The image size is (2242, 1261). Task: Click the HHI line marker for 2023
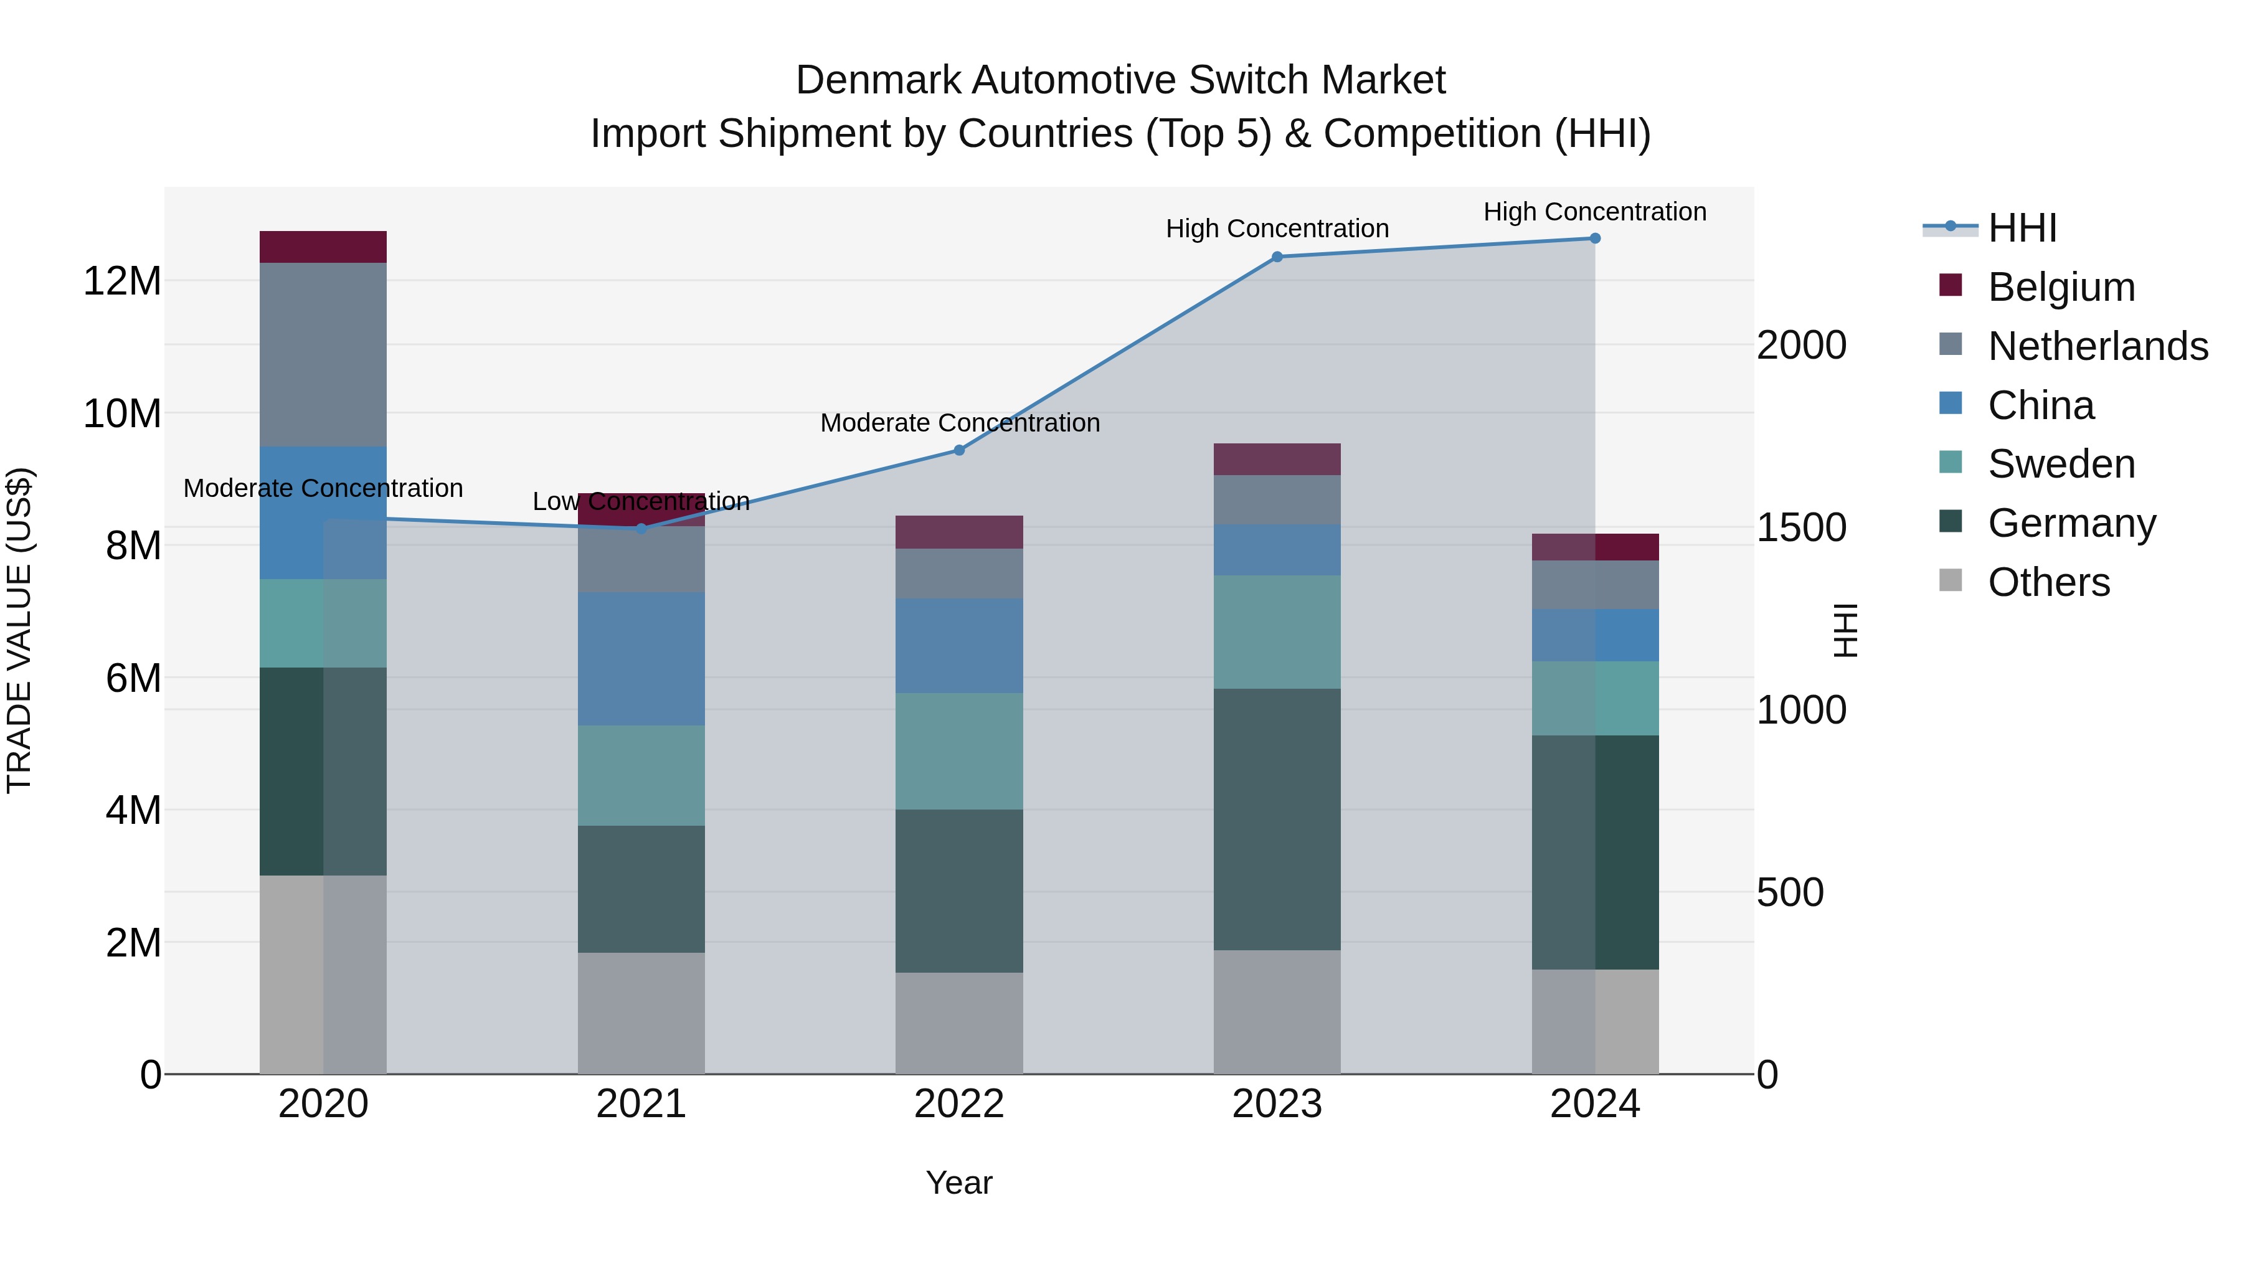point(1277,257)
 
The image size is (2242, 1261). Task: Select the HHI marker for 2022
point(959,450)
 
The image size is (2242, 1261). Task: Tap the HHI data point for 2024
point(1594,239)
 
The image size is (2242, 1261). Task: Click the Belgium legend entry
point(2060,287)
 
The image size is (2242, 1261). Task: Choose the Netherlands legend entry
point(2097,346)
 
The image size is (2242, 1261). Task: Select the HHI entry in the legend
point(2022,228)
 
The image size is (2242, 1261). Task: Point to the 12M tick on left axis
point(122,281)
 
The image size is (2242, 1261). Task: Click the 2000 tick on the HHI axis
point(1800,346)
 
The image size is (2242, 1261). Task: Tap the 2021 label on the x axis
point(641,1104)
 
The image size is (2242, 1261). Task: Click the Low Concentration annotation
point(641,502)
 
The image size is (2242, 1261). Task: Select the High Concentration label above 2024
point(1594,212)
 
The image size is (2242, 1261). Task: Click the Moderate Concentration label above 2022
point(959,423)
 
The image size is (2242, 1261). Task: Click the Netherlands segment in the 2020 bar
point(323,354)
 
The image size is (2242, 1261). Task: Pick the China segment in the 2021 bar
point(641,659)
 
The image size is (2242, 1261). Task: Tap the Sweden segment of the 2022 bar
point(959,751)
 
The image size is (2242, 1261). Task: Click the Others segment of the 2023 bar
point(1277,1011)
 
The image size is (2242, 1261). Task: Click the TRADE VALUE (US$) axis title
point(19,630)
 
